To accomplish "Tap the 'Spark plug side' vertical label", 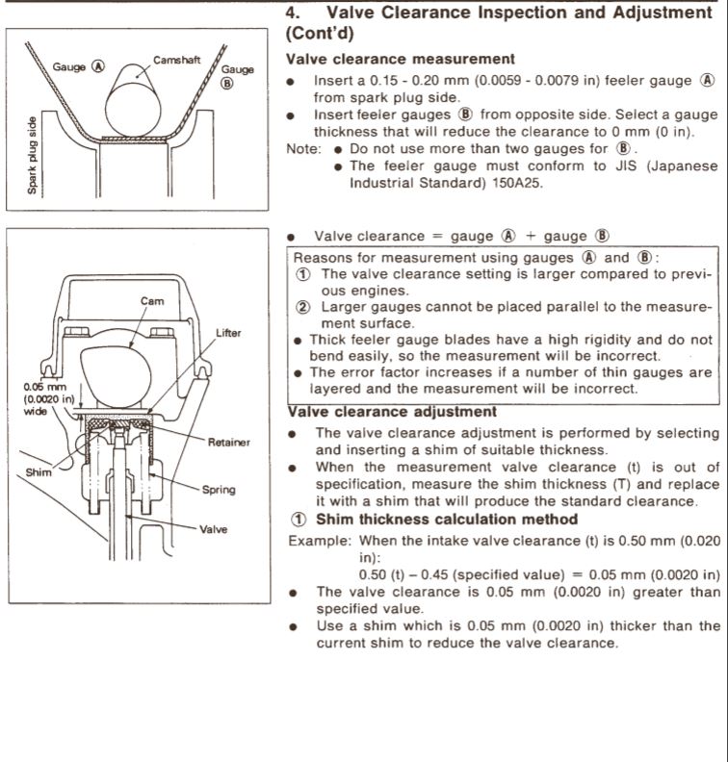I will (33, 155).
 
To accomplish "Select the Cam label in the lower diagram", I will (152, 300).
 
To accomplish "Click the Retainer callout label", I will (228, 443).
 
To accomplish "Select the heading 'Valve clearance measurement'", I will (401, 60).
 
